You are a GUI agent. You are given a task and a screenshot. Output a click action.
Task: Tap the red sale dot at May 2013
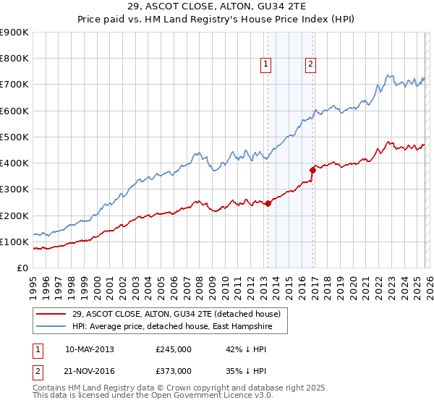pyautogui.click(x=268, y=204)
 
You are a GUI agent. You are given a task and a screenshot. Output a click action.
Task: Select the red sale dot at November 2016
pyautogui.click(x=313, y=171)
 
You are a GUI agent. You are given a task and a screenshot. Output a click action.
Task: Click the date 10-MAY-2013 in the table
pyautogui.click(x=89, y=349)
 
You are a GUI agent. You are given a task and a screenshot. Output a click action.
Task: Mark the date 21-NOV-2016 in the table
pyautogui.click(x=89, y=370)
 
